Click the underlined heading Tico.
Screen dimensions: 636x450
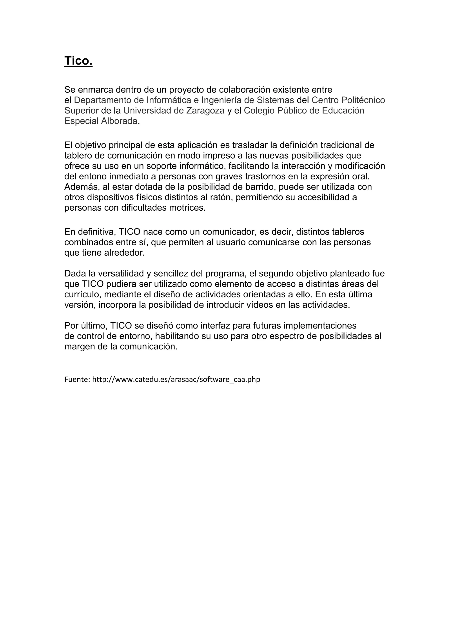pos(78,61)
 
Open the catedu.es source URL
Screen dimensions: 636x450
pos(176,379)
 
